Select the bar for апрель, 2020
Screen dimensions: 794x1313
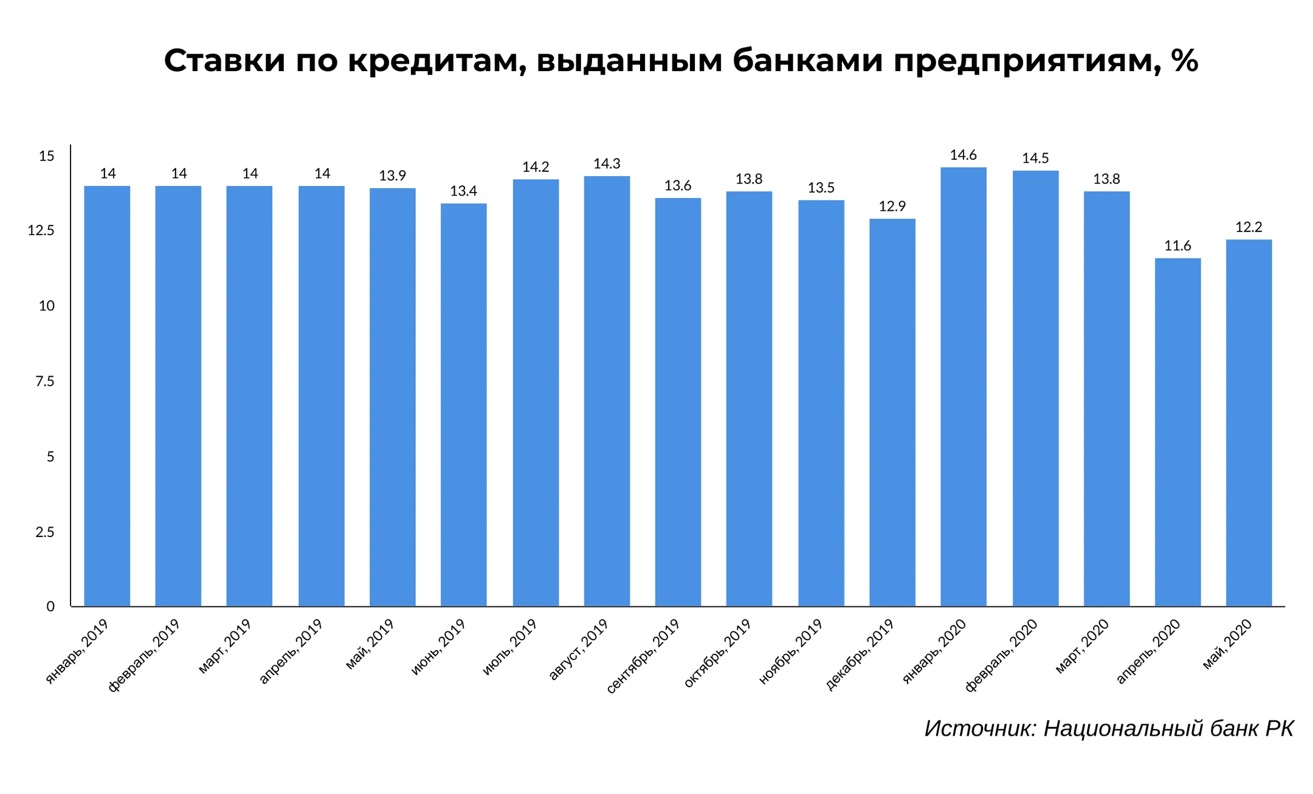1177,432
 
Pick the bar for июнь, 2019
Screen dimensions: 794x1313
463,405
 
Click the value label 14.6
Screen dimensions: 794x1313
963,156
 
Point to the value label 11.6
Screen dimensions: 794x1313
1177,246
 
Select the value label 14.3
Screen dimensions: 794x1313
607,164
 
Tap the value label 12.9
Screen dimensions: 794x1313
892,207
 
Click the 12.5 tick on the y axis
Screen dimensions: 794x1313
41,231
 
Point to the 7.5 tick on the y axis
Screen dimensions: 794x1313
44,382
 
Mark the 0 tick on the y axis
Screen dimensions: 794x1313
50,606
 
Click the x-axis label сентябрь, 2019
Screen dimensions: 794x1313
643,656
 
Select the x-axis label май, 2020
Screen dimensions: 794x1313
1227,644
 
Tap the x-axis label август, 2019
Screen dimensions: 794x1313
578,649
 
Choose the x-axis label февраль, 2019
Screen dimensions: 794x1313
144,655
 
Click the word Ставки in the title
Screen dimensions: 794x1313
224,61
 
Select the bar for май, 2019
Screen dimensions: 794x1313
392,397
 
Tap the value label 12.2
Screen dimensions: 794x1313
1249,227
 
